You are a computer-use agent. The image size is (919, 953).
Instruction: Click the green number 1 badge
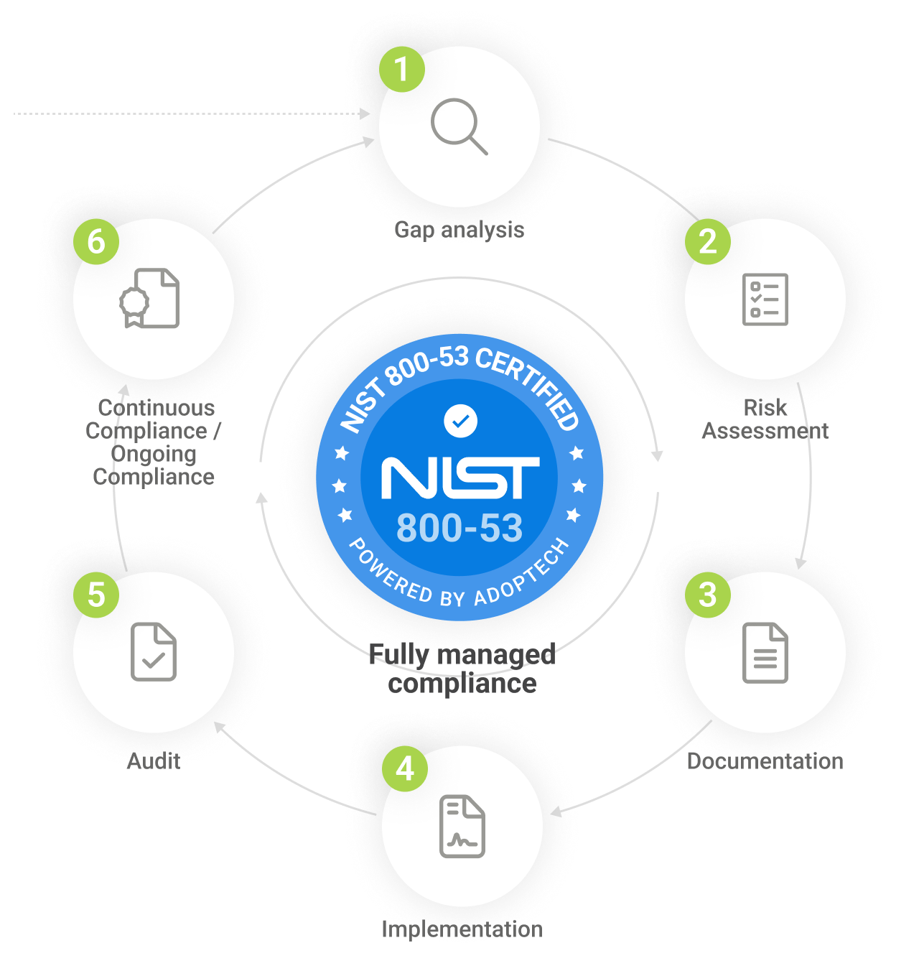[402, 69]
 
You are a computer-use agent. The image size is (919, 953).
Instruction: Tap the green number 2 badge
[708, 241]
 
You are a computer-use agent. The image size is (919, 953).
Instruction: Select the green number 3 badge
[708, 595]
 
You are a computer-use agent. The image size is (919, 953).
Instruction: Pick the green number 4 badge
[405, 768]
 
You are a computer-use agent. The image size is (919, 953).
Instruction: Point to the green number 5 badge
[96, 595]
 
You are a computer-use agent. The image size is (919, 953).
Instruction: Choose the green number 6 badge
[96, 241]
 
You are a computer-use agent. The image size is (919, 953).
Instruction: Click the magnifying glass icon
[459, 127]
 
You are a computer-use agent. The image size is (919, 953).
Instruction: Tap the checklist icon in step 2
[765, 299]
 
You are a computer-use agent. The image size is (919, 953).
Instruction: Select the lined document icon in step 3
[765, 653]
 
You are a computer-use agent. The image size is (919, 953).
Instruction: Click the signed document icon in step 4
[462, 827]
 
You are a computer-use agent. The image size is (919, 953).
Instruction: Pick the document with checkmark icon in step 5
[154, 652]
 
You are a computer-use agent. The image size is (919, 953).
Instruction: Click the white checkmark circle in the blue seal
[460, 421]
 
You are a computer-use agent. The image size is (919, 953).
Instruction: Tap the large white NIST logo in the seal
[460, 478]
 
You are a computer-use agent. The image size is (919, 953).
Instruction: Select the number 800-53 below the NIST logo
[459, 529]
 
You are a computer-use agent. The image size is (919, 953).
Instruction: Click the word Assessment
[765, 431]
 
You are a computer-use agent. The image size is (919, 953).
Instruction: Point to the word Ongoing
[154, 454]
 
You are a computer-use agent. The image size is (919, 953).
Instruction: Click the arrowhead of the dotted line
[365, 113]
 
